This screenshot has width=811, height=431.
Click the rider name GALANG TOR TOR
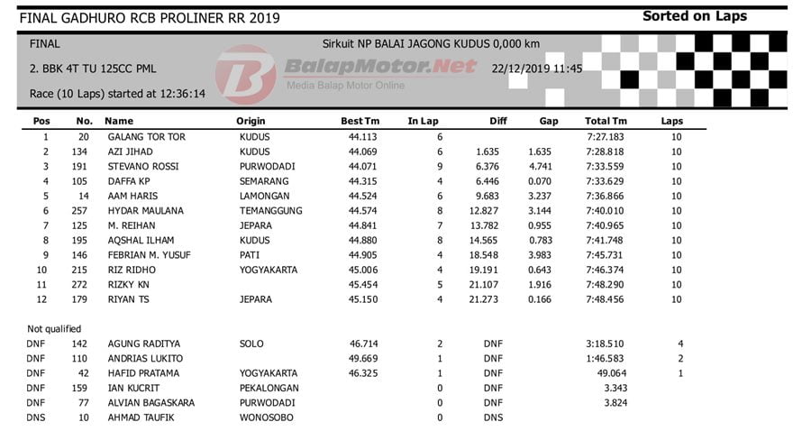click(147, 137)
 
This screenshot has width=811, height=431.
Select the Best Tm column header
click(360, 121)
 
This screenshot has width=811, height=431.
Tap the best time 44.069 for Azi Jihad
click(364, 151)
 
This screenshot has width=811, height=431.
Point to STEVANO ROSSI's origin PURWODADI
click(264, 167)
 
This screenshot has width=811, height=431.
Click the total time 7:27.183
click(605, 137)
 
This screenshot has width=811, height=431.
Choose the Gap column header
click(549, 121)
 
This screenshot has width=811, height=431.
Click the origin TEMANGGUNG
click(270, 211)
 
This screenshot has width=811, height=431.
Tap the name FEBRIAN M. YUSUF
click(150, 255)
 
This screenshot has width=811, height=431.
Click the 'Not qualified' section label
click(54, 329)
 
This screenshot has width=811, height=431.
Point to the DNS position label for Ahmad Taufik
click(36, 417)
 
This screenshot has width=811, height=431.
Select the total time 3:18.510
click(605, 344)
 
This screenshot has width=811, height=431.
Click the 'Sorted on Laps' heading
click(694, 16)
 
